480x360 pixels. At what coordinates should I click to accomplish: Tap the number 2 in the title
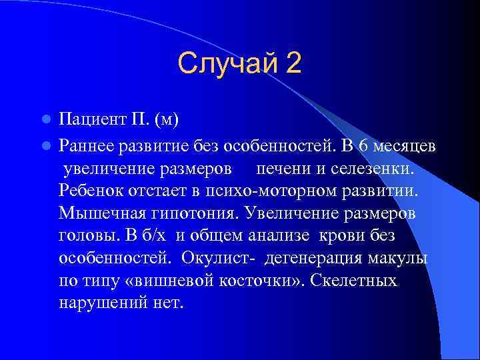pyautogui.click(x=293, y=64)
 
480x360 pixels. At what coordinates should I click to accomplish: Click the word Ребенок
pyautogui.click(x=89, y=191)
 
